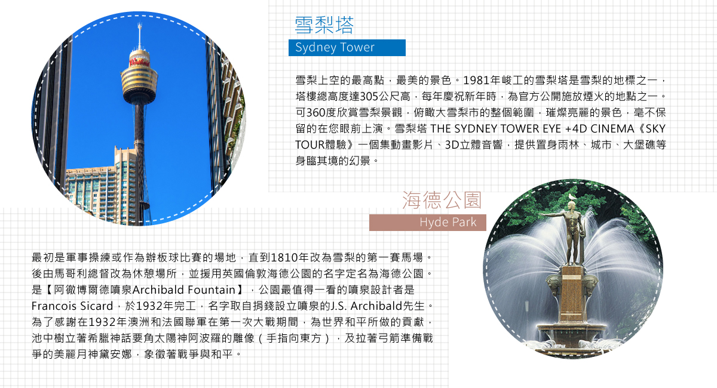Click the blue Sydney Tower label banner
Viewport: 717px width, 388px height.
pyautogui.click(x=347, y=48)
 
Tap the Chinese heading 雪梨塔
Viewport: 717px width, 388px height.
pyautogui.click(x=324, y=25)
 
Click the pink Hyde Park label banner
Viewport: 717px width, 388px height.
pyautogui.click(x=427, y=222)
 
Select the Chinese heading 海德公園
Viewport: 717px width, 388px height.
pyautogui.click(x=442, y=200)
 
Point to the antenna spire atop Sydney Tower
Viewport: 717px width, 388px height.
pyautogui.click(x=140, y=36)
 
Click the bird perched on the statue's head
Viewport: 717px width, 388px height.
pyautogui.click(x=571, y=197)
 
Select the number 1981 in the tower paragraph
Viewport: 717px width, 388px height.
pyautogui.click(x=476, y=81)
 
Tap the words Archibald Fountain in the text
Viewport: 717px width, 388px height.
pyautogui.click(x=183, y=290)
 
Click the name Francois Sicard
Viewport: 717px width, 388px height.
pyautogui.click(x=72, y=306)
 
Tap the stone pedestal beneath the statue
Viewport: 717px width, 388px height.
pyautogui.click(x=572, y=294)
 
